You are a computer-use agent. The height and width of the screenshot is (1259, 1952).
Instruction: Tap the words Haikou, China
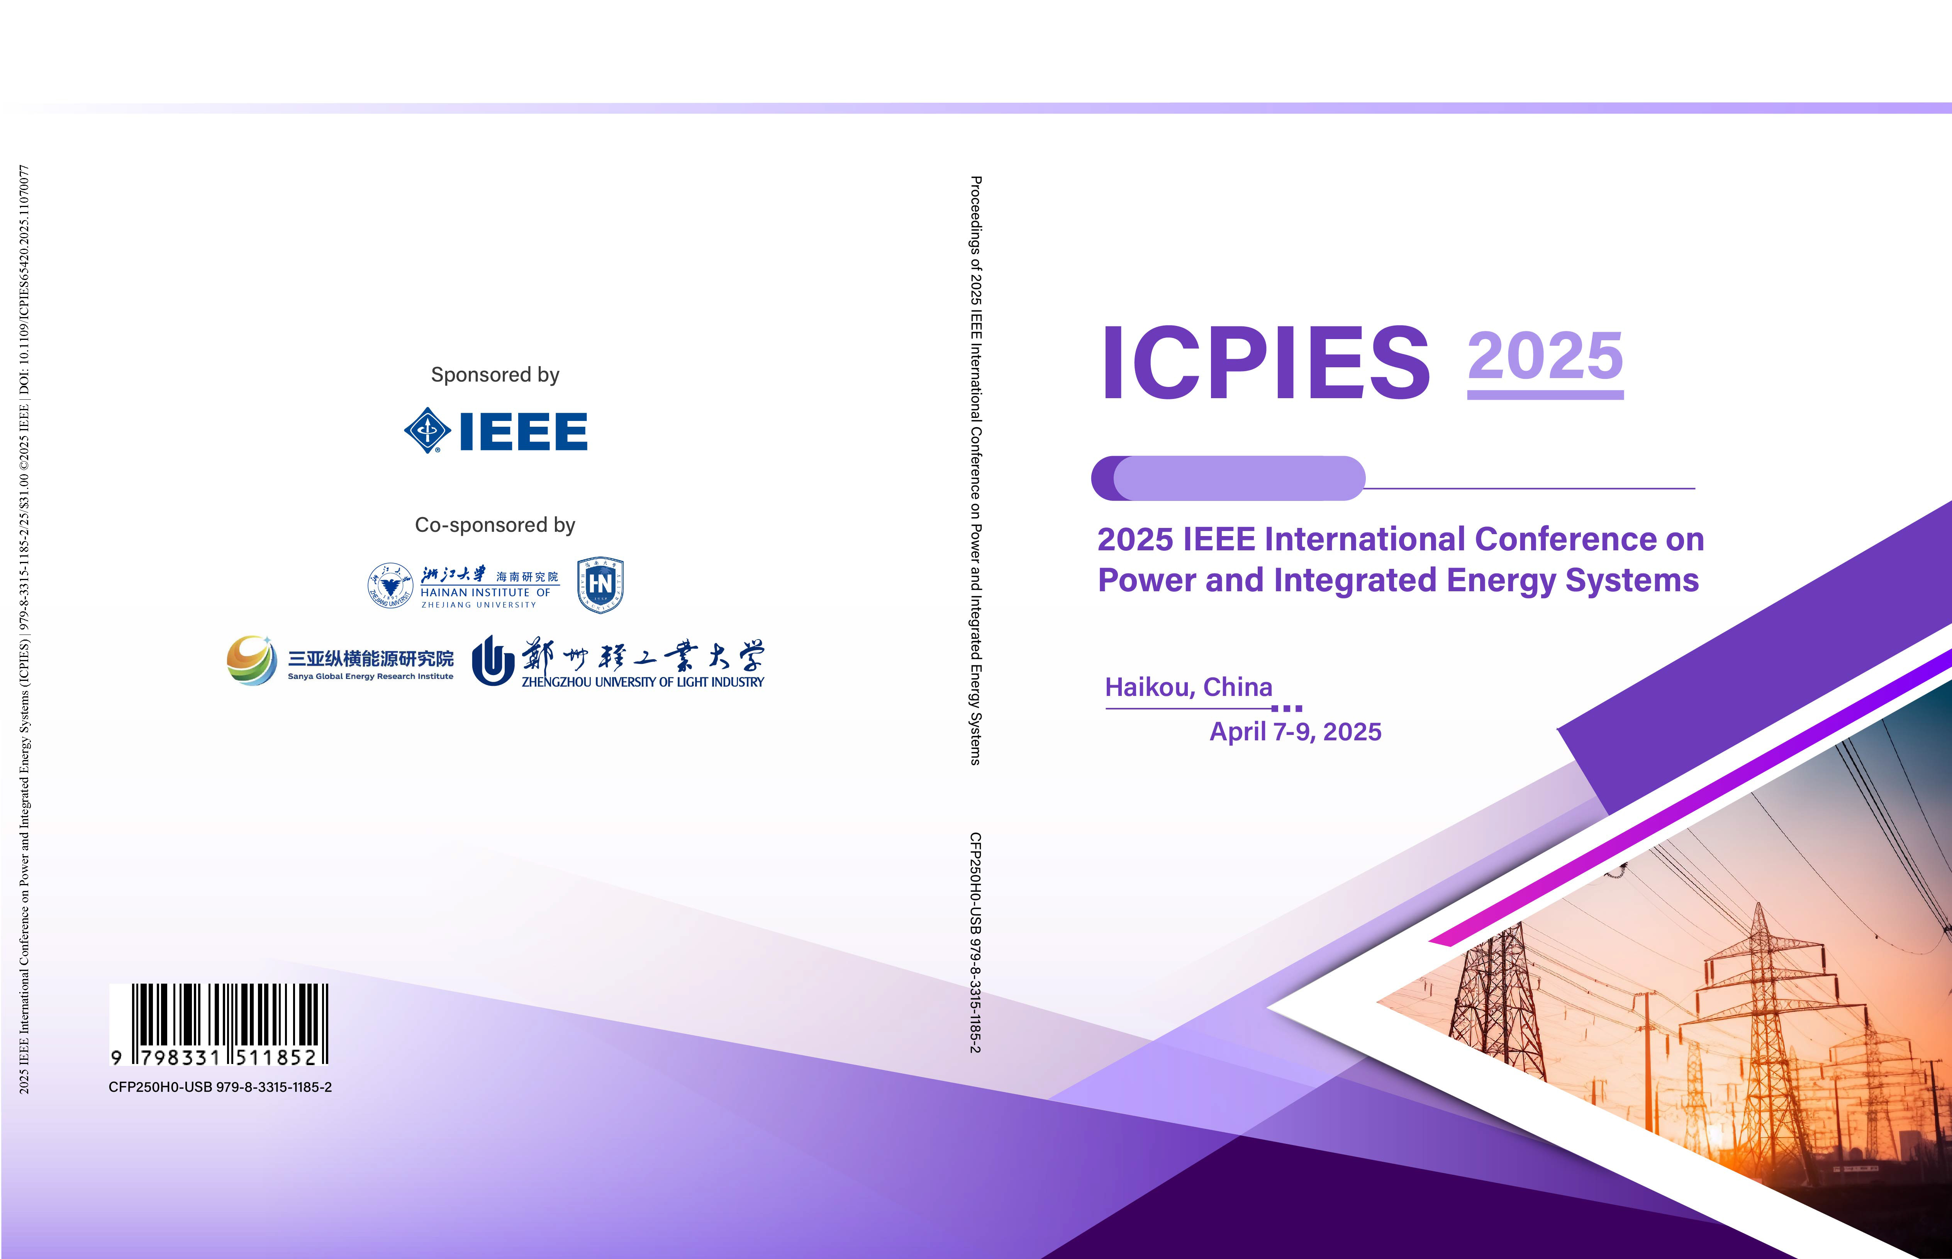pyautogui.click(x=1189, y=687)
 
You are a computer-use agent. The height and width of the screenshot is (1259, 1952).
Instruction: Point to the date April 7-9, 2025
pyautogui.click(x=1296, y=732)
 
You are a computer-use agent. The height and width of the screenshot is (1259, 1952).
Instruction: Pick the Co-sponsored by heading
pyautogui.click(x=495, y=525)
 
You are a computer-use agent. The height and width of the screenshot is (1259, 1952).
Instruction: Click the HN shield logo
pyautogui.click(x=601, y=585)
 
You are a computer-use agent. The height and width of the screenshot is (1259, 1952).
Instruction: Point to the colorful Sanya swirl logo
pyautogui.click(x=252, y=660)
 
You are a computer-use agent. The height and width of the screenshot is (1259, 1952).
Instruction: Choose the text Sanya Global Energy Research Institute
pyautogui.click(x=370, y=677)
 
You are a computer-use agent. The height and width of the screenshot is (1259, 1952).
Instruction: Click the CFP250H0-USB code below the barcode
pyautogui.click(x=220, y=1087)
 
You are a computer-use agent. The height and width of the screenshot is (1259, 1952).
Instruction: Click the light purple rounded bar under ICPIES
pyautogui.click(x=1238, y=478)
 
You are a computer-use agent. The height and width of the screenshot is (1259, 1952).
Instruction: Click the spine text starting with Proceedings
pyautogui.click(x=975, y=470)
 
